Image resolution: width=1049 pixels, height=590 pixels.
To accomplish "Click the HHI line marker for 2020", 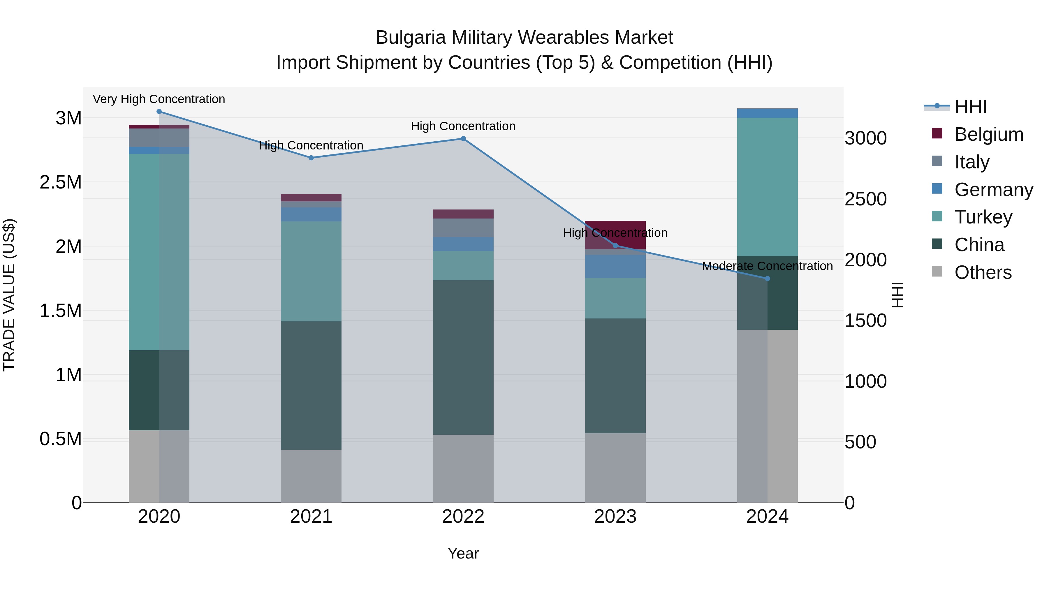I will click(x=159, y=112).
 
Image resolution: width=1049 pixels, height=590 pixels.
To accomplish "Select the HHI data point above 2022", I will click(x=463, y=139).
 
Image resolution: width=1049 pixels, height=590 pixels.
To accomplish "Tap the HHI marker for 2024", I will click(x=767, y=279).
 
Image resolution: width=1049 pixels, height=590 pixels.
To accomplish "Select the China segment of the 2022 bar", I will click(x=463, y=357).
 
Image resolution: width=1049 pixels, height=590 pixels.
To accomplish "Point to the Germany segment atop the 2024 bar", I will click(x=767, y=113).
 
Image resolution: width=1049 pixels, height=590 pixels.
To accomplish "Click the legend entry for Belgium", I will click(x=988, y=134).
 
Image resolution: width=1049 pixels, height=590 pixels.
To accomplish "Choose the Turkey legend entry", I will click(x=983, y=217).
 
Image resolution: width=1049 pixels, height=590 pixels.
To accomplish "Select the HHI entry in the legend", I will click(x=970, y=107).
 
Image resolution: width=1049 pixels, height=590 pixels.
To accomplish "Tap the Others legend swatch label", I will click(x=983, y=272).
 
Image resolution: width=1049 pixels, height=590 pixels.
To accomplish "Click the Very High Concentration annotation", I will click(x=159, y=99).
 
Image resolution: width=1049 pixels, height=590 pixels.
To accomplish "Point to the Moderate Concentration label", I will click(x=767, y=266).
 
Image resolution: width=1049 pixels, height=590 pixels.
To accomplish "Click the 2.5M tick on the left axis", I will click(x=61, y=182).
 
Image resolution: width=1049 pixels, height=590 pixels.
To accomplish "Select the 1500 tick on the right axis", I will click(x=865, y=321).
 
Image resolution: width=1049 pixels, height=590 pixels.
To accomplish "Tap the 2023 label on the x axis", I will click(x=615, y=517).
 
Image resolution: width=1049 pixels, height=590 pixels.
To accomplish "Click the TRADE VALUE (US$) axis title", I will click(x=9, y=295).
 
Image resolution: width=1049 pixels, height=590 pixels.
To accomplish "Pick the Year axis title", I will click(x=463, y=553).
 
